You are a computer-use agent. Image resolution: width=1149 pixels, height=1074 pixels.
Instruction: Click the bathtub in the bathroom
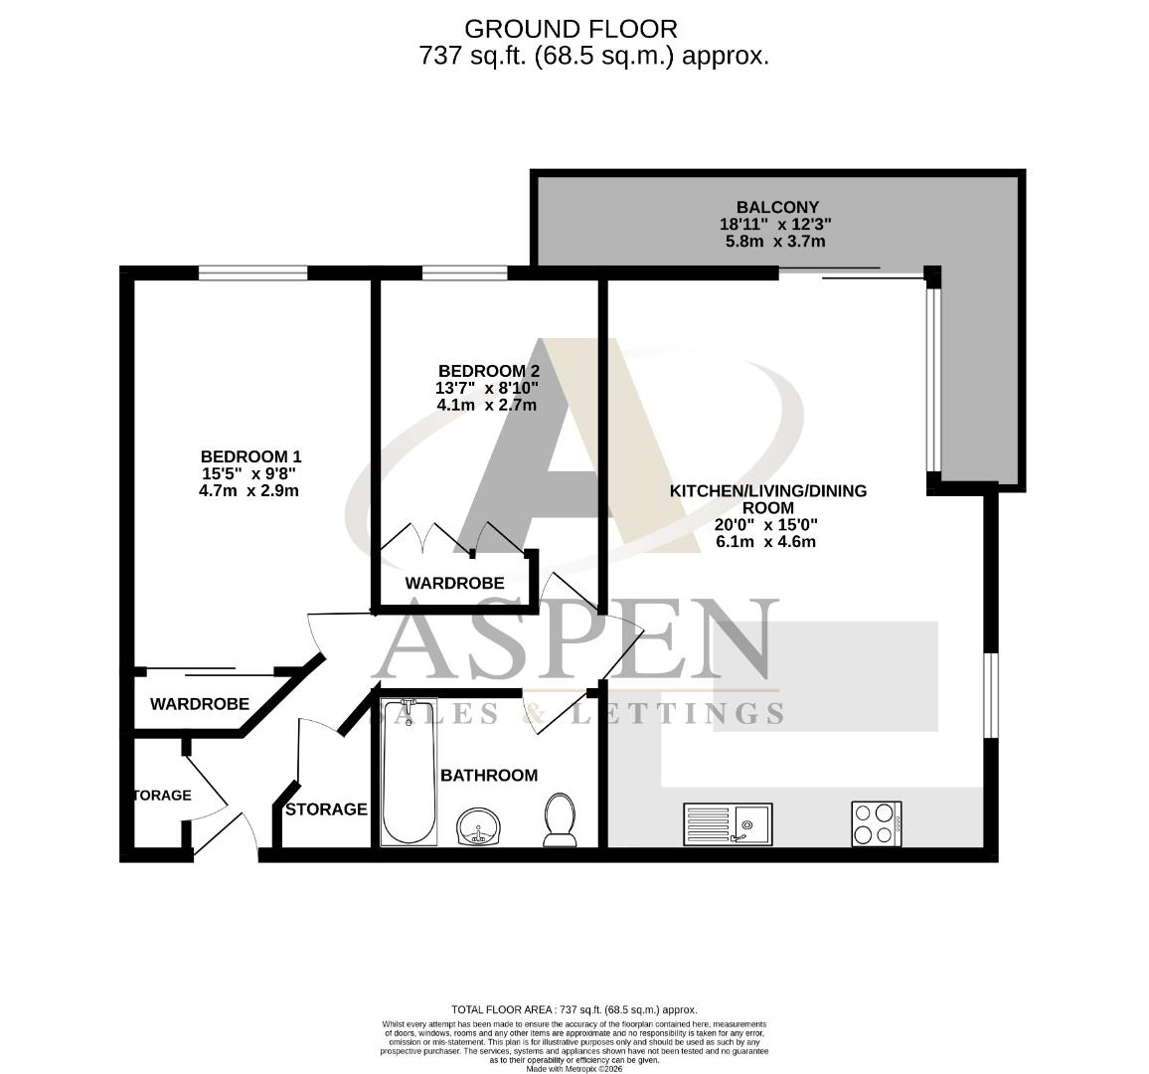click(x=409, y=771)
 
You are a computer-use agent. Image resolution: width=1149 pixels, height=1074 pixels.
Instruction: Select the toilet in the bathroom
click(x=560, y=819)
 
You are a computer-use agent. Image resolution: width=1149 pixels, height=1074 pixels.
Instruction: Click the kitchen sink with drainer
click(x=728, y=823)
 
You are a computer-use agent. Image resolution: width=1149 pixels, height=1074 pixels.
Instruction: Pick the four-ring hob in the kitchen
click(x=877, y=823)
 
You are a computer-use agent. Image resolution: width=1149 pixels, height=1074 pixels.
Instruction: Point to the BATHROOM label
click(x=489, y=775)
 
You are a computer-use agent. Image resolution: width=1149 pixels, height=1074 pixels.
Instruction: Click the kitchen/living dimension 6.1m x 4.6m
click(x=765, y=542)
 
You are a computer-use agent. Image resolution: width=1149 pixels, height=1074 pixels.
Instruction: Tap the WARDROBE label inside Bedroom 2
click(x=454, y=583)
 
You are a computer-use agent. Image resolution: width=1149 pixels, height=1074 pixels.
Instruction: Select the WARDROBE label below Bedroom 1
click(x=199, y=704)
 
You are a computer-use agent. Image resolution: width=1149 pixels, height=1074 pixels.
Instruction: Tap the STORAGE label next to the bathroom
click(x=326, y=809)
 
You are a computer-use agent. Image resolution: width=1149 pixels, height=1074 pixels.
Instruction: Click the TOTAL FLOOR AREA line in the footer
click(x=574, y=1008)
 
